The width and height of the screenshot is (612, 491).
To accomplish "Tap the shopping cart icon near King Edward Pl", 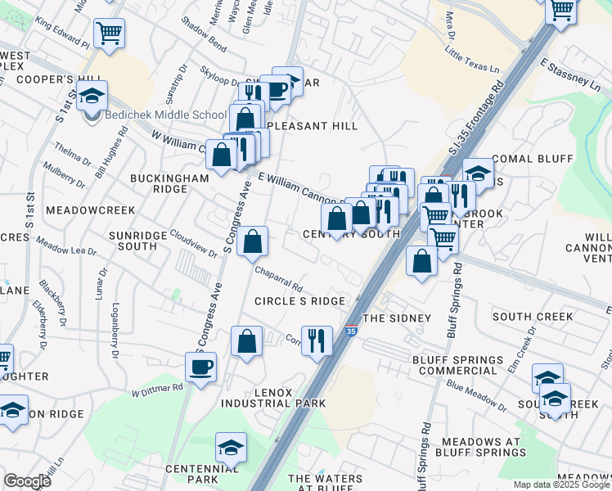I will coord(109,34).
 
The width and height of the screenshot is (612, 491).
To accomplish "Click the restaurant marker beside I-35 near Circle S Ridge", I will coord(317,340).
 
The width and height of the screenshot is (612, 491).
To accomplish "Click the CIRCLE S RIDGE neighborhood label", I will coord(299,301).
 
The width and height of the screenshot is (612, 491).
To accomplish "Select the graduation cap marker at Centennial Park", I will coord(231,448).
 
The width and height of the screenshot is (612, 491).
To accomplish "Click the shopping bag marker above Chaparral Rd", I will coord(254,241).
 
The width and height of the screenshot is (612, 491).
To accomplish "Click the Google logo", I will coord(27,480).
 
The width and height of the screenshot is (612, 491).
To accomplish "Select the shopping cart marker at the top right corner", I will coord(561,11).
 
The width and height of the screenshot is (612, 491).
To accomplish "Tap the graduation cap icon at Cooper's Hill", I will coord(92,96).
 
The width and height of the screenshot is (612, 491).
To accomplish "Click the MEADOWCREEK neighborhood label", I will coord(90,210).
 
